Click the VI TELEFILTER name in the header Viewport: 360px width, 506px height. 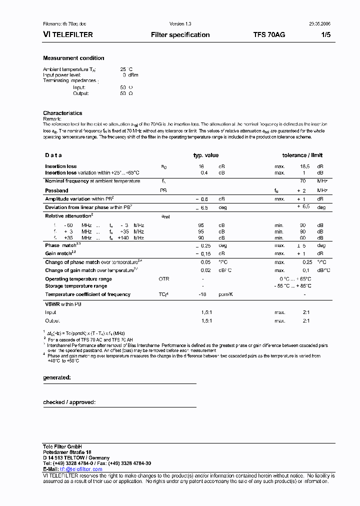click(x=68, y=35)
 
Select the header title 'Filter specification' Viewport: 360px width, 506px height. click(x=180, y=35)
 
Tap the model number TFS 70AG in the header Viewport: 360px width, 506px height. click(x=269, y=35)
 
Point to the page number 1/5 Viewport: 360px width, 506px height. click(x=325, y=35)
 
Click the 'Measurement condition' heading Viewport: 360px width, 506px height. click(x=73, y=58)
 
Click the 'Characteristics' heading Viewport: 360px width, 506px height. click(x=62, y=113)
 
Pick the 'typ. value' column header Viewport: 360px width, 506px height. click(x=206, y=155)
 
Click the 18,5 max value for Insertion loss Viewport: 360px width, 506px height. click(x=304, y=166)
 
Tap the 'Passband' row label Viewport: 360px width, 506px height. click(x=56, y=190)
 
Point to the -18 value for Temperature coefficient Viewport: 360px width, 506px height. click(x=202, y=294)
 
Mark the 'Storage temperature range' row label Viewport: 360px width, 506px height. click(x=76, y=286)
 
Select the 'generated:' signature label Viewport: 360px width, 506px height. click(x=57, y=377)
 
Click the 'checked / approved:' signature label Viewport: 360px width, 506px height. click(x=69, y=402)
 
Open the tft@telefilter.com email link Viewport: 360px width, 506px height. click(x=80, y=469)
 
